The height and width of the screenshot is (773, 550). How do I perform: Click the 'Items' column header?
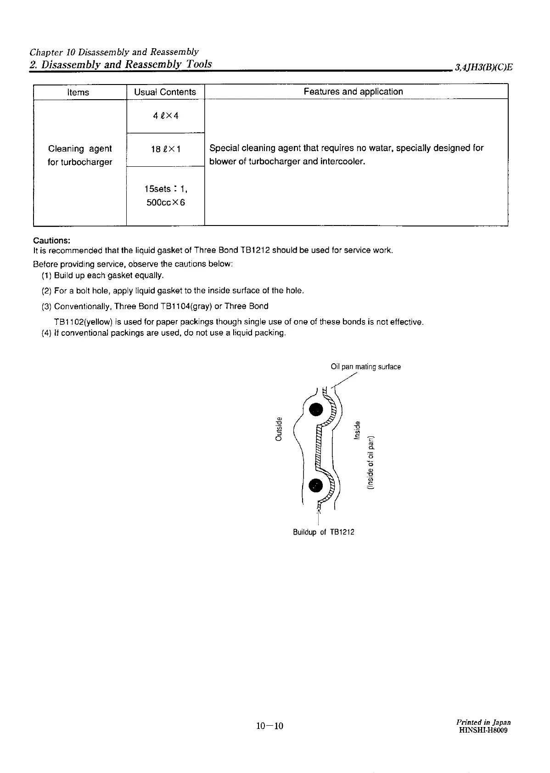[x=78, y=92]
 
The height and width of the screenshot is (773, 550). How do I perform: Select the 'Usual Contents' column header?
[x=165, y=92]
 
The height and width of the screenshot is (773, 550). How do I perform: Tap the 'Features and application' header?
[x=353, y=91]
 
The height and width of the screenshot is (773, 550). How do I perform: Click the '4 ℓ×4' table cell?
[x=165, y=115]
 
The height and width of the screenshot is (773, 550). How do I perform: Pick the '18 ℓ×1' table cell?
[x=165, y=149]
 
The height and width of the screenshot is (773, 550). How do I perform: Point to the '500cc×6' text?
[x=165, y=203]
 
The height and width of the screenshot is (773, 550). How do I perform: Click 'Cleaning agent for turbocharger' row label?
[x=80, y=155]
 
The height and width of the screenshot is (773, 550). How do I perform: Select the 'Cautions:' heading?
[x=51, y=241]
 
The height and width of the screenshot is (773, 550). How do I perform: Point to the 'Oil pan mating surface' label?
[x=365, y=367]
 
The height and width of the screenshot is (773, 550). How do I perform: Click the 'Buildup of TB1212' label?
[x=323, y=532]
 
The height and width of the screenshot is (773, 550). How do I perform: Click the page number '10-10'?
[x=270, y=726]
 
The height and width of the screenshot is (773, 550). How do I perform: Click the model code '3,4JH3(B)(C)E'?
[x=483, y=67]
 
